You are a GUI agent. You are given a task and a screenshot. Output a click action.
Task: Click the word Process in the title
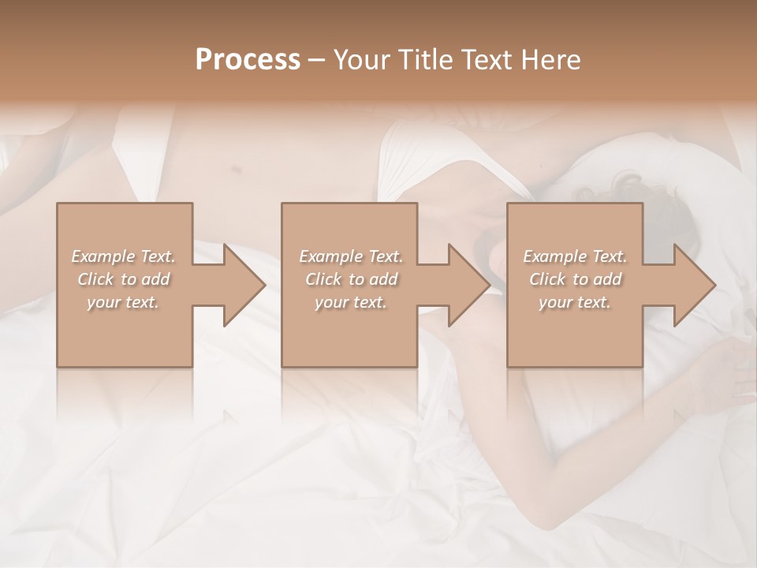pyautogui.click(x=248, y=60)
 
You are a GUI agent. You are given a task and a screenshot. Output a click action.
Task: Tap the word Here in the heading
pyautogui.click(x=550, y=60)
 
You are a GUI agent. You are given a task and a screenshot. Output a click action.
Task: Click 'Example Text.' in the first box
pyautogui.click(x=123, y=256)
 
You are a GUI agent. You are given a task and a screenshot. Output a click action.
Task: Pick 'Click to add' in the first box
pyautogui.click(x=123, y=279)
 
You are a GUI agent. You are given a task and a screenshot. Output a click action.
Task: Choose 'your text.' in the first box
pyautogui.click(x=123, y=302)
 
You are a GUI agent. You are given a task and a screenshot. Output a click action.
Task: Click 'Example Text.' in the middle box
pyautogui.click(x=350, y=256)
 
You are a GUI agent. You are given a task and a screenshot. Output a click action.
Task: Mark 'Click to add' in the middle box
pyautogui.click(x=350, y=279)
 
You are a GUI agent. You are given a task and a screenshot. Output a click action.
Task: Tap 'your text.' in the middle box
pyautogui.click(x=350, y=302)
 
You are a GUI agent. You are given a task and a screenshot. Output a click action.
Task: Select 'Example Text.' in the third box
pyautogui.click(x=575, y=256)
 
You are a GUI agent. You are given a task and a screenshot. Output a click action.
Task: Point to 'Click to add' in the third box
pyautogui.click(x=575, y=279)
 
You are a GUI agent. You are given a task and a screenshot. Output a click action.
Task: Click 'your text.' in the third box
pyautogui.click(x=575, y=302)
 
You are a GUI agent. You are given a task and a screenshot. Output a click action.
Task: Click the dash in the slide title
pyautogui.click(x=317, y=60)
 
